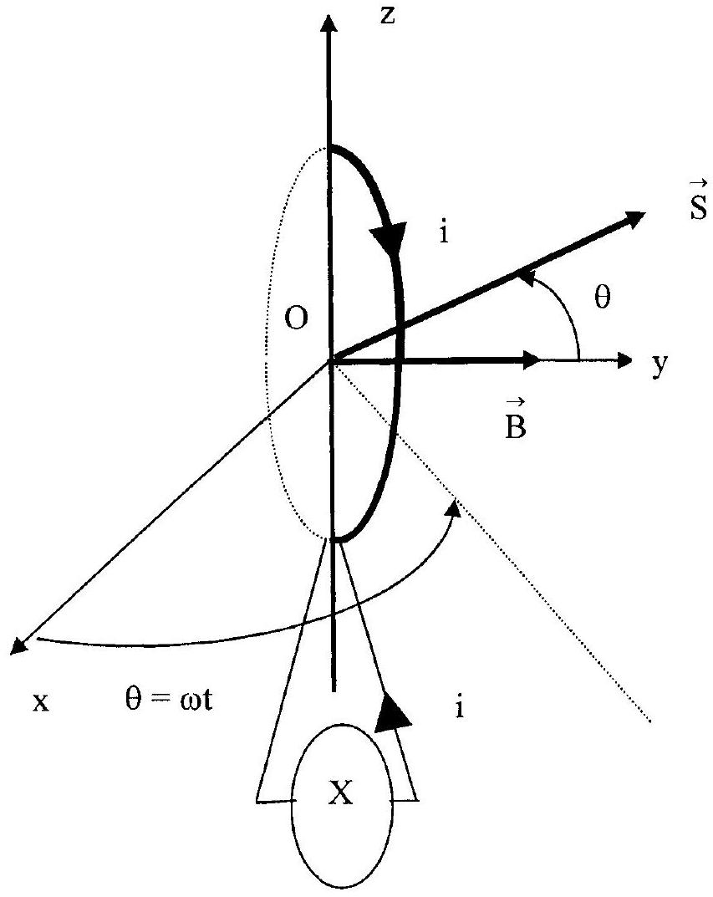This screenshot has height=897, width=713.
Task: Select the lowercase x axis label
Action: [x=41, y=701]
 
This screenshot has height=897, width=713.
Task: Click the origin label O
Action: [x=296, y=319]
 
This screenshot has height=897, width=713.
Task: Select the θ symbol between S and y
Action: [x=603, y=297]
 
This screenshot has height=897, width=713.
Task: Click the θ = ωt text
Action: [x=169, y=699]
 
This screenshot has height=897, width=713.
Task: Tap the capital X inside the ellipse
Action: [x=341, y=793]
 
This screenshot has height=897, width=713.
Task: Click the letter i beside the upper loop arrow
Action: [x=444, y=233]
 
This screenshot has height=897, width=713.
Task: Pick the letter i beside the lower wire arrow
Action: [x=459, y=707]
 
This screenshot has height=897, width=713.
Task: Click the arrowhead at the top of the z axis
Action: [x=328, y=24]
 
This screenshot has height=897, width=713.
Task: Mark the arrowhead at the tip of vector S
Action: [x=634, y=219]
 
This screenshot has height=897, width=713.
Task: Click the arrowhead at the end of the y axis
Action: [x=624, y=359]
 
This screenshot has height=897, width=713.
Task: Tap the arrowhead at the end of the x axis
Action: [x=21, y=645]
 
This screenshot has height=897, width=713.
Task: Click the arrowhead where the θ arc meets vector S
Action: [x=526, y=278]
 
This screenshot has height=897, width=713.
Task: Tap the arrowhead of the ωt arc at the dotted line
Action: [x=455, y=507]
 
